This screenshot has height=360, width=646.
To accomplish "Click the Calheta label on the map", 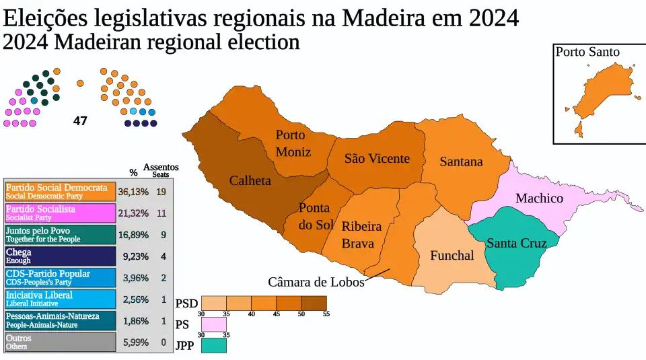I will tap(250, 180).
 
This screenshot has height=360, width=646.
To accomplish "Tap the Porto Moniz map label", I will tap(293, 143).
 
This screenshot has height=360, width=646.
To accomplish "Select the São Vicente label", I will tap(377, 159).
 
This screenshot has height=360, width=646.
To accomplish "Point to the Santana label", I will tap(461, 161).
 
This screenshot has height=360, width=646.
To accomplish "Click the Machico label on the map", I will tap(539, 198).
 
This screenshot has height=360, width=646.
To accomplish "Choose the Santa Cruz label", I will tap(516, 243).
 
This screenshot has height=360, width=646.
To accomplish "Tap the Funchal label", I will tap(452, 256).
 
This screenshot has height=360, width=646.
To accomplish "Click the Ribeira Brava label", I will tap(361, 235).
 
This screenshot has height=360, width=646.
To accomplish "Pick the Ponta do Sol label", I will tap(315, 217).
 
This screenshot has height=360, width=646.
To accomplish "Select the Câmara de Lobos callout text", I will tap(316, 282).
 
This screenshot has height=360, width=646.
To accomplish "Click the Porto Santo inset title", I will tap(587, 52).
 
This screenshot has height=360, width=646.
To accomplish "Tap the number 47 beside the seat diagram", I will tap(80, 122).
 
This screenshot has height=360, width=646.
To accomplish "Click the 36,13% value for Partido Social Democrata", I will tap(133, 192).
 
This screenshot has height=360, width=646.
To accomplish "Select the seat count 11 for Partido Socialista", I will tap(161, 213).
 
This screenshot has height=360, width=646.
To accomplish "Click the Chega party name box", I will tap(60, 256).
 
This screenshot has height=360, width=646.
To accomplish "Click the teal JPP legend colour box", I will tap(214, 346).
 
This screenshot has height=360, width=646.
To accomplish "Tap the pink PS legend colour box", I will tap(214, 324).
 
